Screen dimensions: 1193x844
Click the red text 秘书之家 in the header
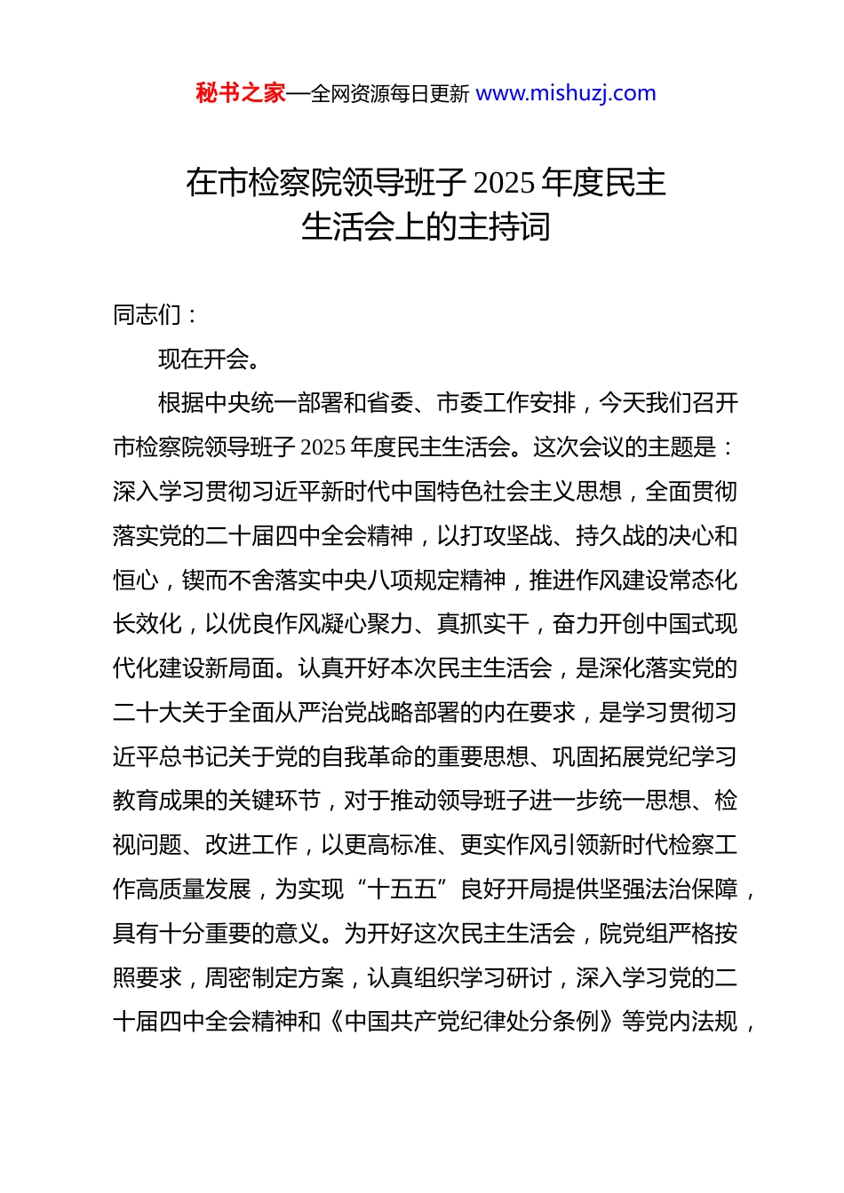click(x=241, y=93)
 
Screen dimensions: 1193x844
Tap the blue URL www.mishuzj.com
click(x=566, y=93)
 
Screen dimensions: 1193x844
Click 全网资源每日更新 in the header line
click(x=389, y=94)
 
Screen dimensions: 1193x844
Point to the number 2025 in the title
click(x=503, y=183)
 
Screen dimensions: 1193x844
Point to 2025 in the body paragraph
click(x=322, y=448)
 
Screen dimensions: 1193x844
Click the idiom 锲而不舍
click(x=228, y=581)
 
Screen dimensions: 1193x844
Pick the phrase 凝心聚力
click(x=367, y=625)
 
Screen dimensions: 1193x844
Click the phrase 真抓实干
click(x=483, y=625)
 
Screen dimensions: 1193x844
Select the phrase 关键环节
click(x=275, y=802)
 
